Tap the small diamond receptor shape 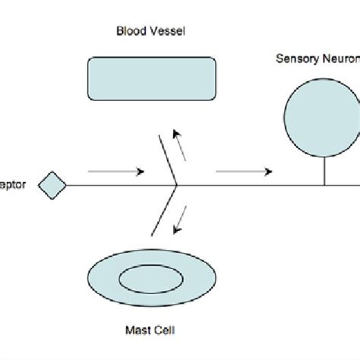coord(52,186)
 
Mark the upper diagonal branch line coord(167,160)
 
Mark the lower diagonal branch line coord(166,210)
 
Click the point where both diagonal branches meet coord(176,185)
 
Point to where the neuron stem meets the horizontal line coord(325,185)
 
